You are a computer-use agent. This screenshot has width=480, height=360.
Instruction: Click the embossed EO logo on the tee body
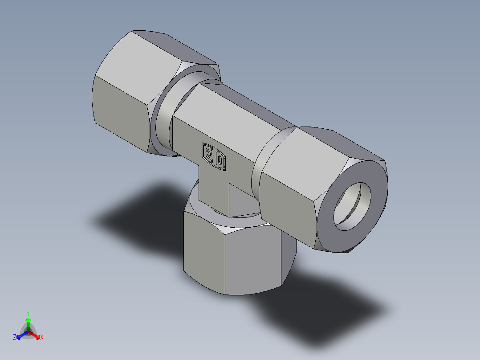(x=214, y=156)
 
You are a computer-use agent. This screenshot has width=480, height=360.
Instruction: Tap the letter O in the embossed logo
(x=220, y=160)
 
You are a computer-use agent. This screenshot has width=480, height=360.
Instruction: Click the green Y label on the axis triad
(x=28, y=313)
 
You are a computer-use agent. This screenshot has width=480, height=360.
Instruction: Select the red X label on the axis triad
(x=42, y=338)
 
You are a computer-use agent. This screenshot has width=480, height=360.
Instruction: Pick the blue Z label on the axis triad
(x=15, y=338)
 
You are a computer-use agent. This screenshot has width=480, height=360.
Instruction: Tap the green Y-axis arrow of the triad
(x=28, y=323)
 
